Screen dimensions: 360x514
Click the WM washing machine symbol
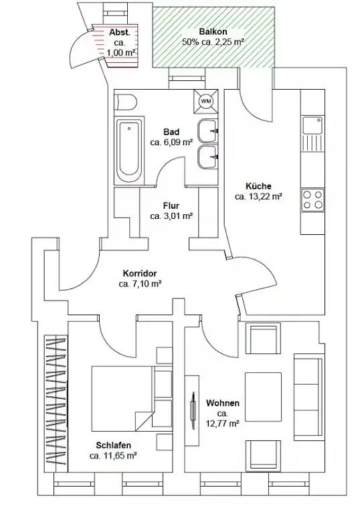click(x=206, y=101)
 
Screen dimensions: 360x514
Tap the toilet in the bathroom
click(x=125, y=102)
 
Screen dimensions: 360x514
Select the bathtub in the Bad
click(x=129, y=149)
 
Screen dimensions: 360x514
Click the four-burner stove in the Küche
click(x=312, y=200)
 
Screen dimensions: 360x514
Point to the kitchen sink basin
click(x=312, y=125)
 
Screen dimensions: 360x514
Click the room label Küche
click(x=258, y=186)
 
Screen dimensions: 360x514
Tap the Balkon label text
click(x=213, y=32)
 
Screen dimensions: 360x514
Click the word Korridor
click(x=140, y=273)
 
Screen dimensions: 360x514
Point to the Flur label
click(x=171, y=205)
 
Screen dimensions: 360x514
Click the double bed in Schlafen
click(x=122, y=398)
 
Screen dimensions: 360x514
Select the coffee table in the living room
click(x=263, y=397)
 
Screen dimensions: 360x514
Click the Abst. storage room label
click(x=120, y=32)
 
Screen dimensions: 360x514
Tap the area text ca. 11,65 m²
click(x=113, y=456)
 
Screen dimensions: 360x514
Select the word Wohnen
click(x=223, y=403)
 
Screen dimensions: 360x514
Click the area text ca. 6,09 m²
click(x=171, y=143)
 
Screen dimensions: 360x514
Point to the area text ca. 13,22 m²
click(x=259, y=197)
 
